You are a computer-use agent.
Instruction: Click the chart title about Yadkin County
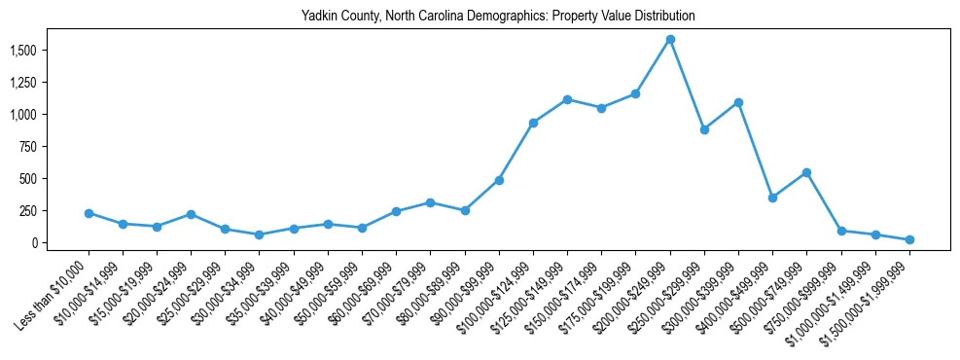pyautogui.click(x=498, y=17)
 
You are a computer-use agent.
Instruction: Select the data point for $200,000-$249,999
pyautogui.click(x=670, y=40)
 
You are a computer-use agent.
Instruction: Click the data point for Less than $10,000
pyautogui.click(x=89, y=213)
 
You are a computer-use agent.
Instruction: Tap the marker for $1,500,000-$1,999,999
pyautogui.click(x=909, y=239)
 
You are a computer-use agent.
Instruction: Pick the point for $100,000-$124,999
pyautogui.click(x=533, y=123)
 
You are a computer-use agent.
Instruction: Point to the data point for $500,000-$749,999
pyautogui.click(x=806, y=173)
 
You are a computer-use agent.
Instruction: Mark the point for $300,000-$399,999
pyautogui.click(x=738, y=102)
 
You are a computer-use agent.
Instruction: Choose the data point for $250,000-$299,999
pyautogui.click(x=704, y=129)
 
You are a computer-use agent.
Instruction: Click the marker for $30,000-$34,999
pyautogui.click(x=260, y=234)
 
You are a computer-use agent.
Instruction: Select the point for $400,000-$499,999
pyautogui.click(x=772, y=198)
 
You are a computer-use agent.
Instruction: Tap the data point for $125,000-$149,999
pyautogui.click(x=567, y=99)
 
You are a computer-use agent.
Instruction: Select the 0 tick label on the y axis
pyautogui.click(x=49, y=243)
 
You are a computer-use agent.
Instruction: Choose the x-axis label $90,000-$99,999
pyautogui.click(x=463, y=294)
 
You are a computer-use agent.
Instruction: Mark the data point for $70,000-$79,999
pyautogui.click(x=430, y=202)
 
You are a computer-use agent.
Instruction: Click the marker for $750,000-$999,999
pyautogui.click(x=841, y=231)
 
